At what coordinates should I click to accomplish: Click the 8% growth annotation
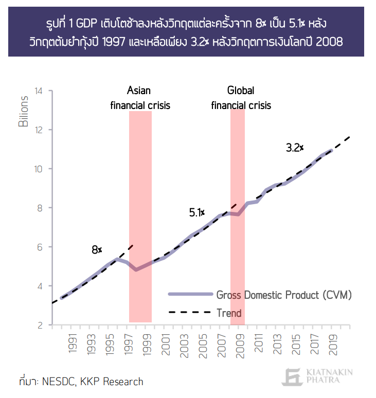[97, 250]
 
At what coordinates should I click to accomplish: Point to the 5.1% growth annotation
[197, 212]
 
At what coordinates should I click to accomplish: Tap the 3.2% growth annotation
[295, 148]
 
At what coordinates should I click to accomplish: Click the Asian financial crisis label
[140, 98]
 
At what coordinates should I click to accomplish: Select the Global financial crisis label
[241, 98]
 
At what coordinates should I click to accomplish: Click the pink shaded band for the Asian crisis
[140, 216]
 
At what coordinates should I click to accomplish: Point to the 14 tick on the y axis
[39, 91]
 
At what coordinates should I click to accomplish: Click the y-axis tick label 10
[39, 169]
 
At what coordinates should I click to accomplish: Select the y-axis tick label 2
[40, 325]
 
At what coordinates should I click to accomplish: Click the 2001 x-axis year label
[166, 345]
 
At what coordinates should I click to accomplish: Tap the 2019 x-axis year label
[333, 345]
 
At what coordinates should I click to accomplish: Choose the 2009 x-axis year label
[240, 346]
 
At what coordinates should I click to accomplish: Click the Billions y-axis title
[23, 111]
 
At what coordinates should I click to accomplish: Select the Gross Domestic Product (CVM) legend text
[284, 295]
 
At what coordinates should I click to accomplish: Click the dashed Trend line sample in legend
[190, 312]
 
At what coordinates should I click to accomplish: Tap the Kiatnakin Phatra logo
[317, 376]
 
